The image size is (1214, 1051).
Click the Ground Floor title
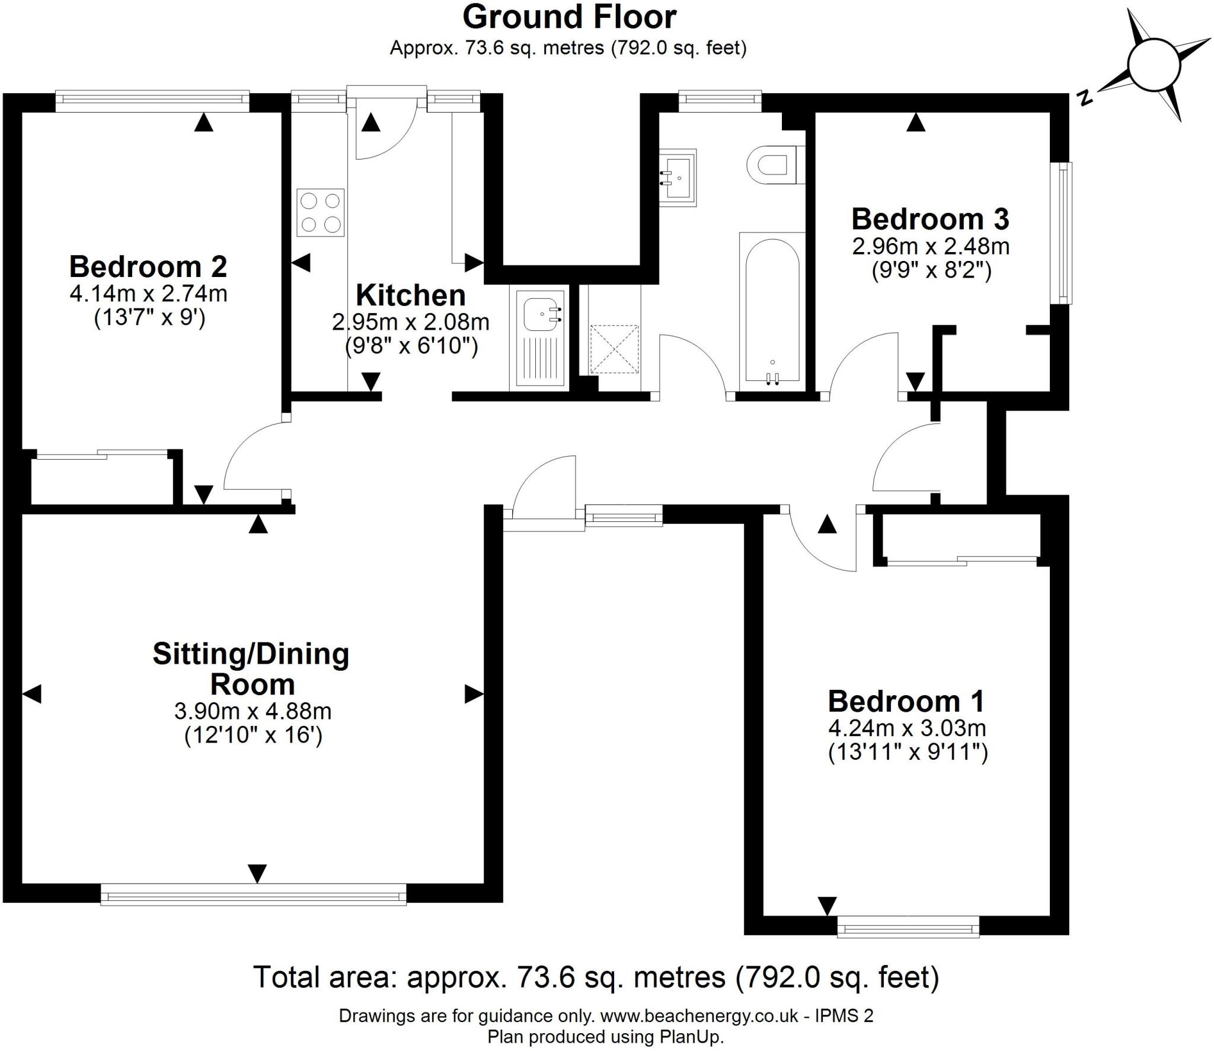pos(569,17)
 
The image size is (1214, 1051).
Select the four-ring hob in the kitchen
pos(321,213)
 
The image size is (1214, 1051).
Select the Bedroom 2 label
pos(148,267)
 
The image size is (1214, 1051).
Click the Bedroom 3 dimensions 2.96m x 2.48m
pos(931,246)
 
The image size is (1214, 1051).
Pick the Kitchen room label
pos(410,295)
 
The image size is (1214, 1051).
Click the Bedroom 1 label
pos(906,702)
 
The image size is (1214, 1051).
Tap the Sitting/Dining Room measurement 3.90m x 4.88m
pos(253,711)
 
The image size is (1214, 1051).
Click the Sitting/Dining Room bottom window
pos(254,894)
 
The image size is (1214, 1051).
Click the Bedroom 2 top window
pos(152,101)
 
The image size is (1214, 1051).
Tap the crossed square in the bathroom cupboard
pos(615,349)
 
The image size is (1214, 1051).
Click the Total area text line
pos(596,977)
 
